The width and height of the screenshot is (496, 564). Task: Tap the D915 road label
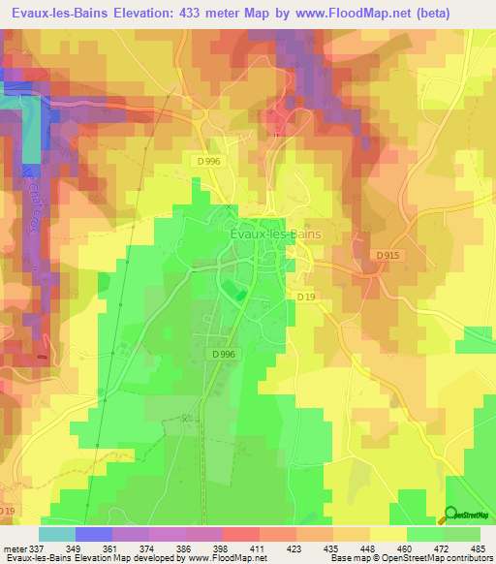(x=387, y=255)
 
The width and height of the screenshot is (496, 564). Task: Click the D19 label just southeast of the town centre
(x=306, y=297)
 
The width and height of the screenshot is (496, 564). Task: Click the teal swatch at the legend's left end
(x=56, y=534)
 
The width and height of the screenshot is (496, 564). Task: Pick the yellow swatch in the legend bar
(x=388, y=534)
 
